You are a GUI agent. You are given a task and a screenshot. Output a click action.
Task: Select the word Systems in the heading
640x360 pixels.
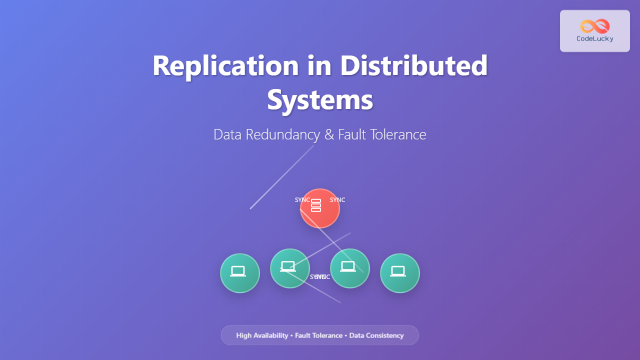(320, 99)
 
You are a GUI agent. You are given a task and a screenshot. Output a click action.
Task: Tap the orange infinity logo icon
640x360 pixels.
(595, 26)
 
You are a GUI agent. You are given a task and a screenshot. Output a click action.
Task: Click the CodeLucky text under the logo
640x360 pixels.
(595, 39)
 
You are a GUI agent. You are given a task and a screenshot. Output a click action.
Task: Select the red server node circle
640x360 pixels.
(320, 208)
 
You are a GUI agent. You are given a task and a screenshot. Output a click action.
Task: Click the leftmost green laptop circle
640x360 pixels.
(240, 273)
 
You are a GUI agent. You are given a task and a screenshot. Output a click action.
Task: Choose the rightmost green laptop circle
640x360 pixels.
(400, 273)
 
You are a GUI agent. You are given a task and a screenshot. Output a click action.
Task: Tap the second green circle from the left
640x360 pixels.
(289, 268)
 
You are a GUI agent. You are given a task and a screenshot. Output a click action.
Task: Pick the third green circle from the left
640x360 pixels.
(350, 268)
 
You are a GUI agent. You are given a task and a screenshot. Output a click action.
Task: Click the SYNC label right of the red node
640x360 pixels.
(337, 200)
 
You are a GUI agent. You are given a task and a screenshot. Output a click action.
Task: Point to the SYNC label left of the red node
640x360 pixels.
(302, 200)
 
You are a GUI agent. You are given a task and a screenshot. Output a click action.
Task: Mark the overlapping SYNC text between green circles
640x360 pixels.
(320, 277)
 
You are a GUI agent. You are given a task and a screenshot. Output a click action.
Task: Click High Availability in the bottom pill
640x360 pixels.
(262, 335)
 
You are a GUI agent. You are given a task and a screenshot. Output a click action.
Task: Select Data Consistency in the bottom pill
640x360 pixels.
(376, 335)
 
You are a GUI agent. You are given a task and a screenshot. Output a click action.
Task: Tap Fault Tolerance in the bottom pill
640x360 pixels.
(318, 335)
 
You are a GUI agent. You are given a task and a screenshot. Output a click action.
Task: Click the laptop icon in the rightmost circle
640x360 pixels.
(398, 271)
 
